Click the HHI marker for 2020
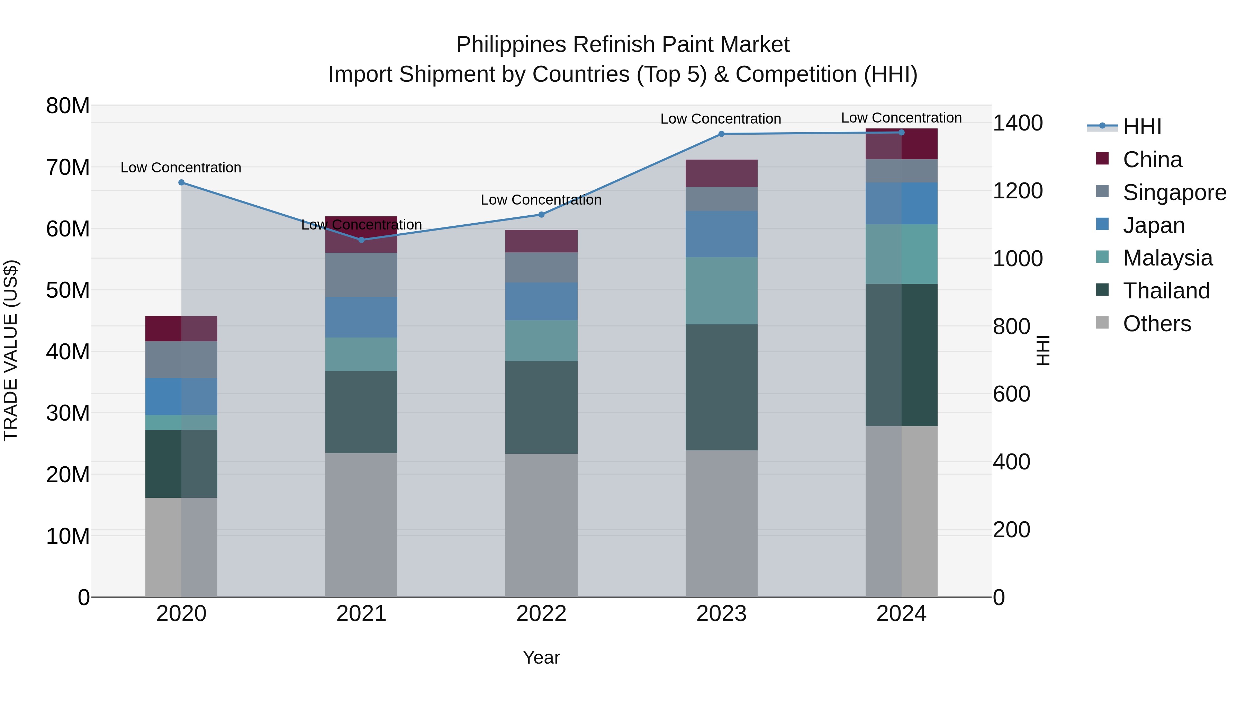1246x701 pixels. click(x=181, y=182)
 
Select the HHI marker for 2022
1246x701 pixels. click(x=541, y=215)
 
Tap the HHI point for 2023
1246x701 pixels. click(x=721, y=134)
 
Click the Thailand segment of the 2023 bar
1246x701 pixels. click(x=721, y=387)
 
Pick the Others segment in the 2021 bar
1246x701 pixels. click(x=361, y=525)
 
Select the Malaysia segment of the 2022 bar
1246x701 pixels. click(x=541, y=341)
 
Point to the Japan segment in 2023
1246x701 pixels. click(x=721, y=234)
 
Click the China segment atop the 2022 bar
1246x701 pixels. click(x=541, y=241)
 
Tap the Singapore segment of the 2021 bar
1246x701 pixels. click(x=361, y=275)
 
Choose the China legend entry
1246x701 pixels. click(x=1152, y=160)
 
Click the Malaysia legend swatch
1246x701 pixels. click(x=1102, y=257)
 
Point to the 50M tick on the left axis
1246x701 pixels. click(x=68, y=290)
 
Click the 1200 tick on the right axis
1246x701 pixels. click(x=1018, y=191)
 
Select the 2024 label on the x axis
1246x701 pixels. click(x=901, y=614)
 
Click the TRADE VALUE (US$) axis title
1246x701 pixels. click(x=11, y=350)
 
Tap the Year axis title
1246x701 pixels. click(x=541, y=657)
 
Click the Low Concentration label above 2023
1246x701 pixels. click(x=721, y=119)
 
